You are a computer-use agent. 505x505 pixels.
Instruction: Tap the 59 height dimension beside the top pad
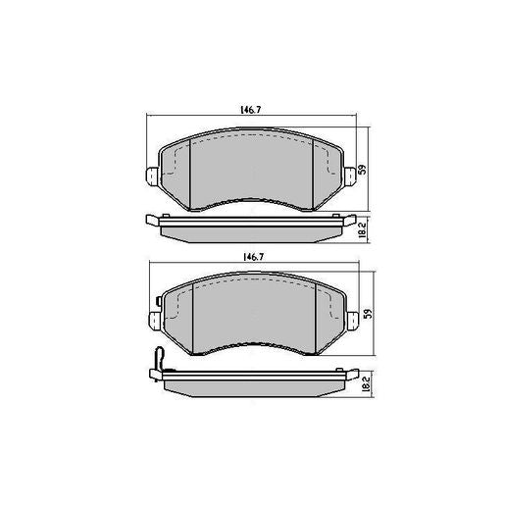pyautogui.click(x=362, y=170)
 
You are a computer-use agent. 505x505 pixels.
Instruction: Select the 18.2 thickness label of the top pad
pyautogui.click(x=362, y=230)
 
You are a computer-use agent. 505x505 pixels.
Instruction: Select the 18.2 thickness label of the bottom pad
pyautogui.click(x=366, y=382)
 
